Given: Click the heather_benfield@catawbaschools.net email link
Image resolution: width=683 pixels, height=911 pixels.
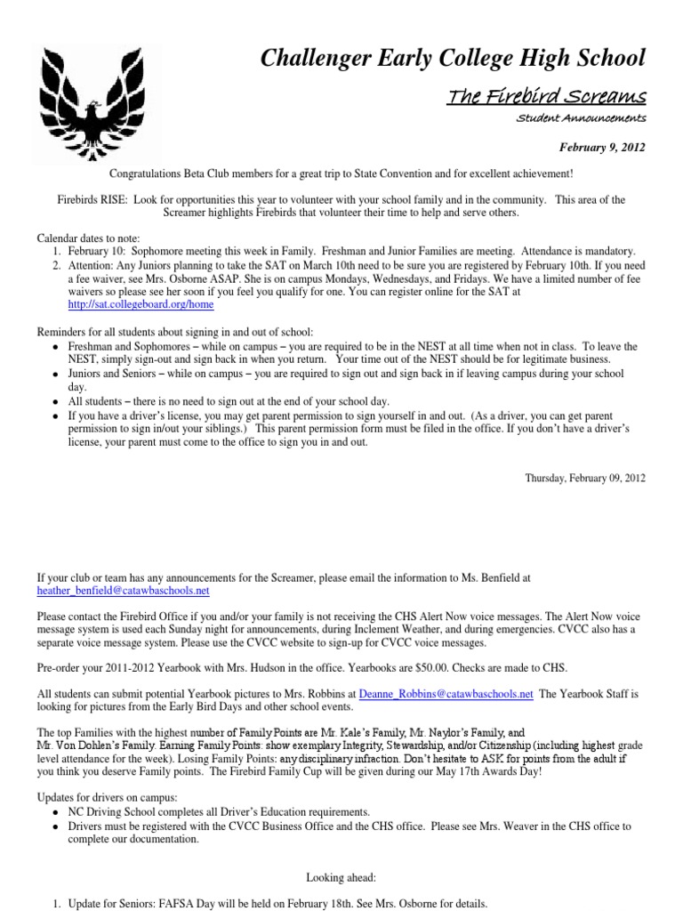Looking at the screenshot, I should (x=123, y=590).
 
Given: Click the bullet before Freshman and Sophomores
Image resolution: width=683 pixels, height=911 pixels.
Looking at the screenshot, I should (x=56, y=346).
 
